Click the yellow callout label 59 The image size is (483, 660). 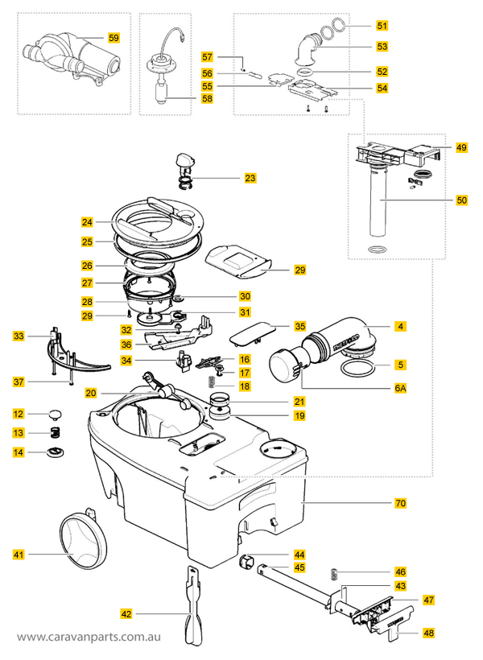tap(114, 37)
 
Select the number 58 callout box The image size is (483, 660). tap(208, 98)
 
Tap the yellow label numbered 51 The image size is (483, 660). tap(382, 27)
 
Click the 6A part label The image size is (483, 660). tap(399, 387)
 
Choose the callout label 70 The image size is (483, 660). tap(400, 503)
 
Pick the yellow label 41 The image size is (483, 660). tap(19, 554)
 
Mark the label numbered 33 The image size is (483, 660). tap(19, 336)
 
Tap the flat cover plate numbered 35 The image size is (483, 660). tap(252, 332)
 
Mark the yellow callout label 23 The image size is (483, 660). tap(250, 177)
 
